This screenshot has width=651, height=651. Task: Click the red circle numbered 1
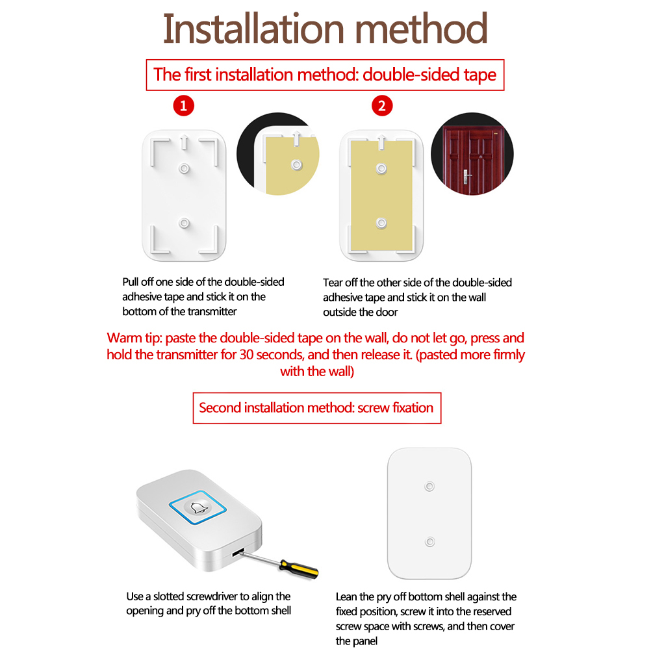[183, 105]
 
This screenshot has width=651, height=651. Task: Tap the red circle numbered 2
[382, 105]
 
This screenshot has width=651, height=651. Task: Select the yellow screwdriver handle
[300, 568]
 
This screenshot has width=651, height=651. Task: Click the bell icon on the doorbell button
[198, 508]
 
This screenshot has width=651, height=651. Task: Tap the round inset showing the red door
[472, 153]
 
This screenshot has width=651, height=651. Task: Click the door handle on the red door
[466, 177]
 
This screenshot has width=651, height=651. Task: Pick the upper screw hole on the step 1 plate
[184, 168]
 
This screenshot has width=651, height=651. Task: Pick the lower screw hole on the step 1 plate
[184, 223]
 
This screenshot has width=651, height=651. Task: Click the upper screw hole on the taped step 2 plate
[381, 168]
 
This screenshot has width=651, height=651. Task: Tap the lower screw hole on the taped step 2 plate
[381, 223]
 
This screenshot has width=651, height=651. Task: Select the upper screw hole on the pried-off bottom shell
[429, 486]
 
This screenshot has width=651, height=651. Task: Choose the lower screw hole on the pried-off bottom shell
[429, 542]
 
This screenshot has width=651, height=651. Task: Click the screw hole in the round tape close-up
[296, 165]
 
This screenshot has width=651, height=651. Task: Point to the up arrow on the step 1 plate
[185, 142]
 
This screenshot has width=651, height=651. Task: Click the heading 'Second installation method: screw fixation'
[316, 408]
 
